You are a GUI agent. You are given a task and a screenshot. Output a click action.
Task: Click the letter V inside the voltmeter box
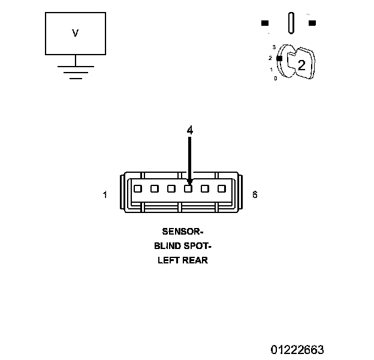point(75,34)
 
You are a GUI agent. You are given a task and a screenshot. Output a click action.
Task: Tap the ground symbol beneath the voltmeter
point(75,70)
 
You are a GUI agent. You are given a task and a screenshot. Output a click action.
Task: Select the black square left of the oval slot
point(265,23)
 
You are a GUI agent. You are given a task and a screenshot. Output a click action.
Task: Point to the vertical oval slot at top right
point(291,23)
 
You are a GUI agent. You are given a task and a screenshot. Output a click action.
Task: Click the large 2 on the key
point(301,66)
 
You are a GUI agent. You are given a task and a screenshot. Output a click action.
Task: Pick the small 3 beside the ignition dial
point(273,47)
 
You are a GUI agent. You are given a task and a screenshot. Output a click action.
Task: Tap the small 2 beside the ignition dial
point(270,58)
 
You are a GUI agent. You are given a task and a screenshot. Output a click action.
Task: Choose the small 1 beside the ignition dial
point(272,70)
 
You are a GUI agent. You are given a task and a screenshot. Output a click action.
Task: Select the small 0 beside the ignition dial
point(275,79)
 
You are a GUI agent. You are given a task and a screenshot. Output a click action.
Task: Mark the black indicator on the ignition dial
point(279,58)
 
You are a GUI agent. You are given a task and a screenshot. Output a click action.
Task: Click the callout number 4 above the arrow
point(190,130)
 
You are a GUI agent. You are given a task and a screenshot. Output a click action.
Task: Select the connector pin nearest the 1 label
point(137,188)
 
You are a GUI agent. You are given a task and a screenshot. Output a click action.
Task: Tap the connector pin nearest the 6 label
point(222,188)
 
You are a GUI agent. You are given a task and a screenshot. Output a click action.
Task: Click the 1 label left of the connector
point(105,195)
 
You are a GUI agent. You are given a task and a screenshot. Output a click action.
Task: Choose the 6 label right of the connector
point(255,195)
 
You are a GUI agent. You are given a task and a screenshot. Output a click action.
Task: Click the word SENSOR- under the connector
point(183,231)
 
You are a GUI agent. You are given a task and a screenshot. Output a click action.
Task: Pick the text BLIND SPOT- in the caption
point(183,246)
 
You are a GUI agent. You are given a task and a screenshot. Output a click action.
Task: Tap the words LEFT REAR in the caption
point(183,260)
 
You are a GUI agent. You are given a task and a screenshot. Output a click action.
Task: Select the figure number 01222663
point(297,349)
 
